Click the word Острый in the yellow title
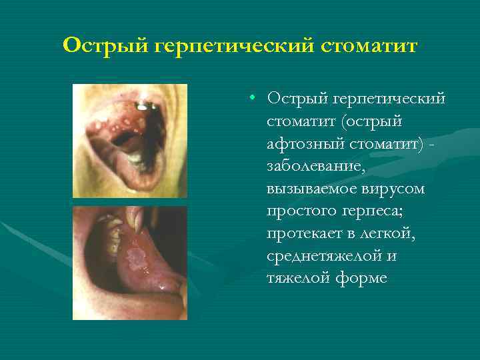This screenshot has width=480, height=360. tap(107, 46)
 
